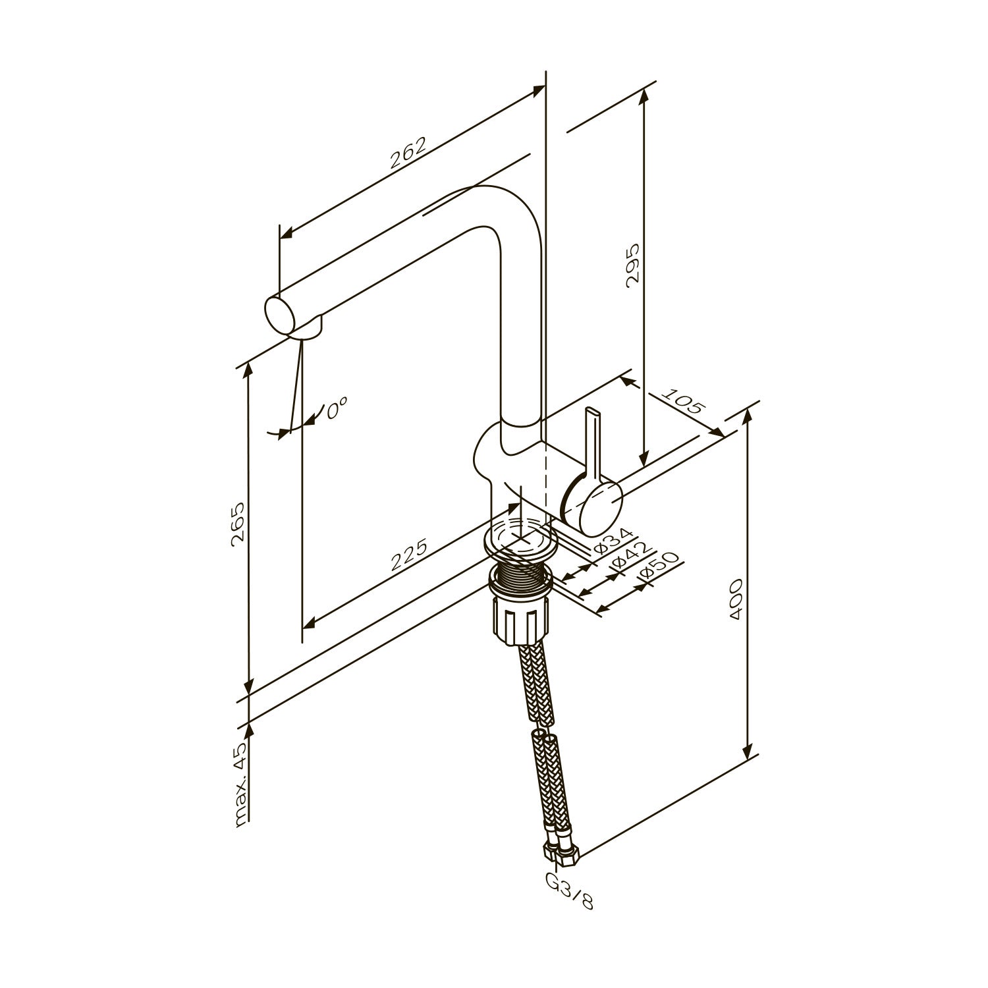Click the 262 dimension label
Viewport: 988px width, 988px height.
point(408,153)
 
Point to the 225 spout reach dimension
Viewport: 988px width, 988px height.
point(409,555)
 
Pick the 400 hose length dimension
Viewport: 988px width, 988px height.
point(736,599)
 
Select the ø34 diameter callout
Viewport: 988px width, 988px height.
point(613,540)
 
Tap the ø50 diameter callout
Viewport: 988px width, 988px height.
point(659,567)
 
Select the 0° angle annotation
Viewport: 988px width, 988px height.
point(337,410)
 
